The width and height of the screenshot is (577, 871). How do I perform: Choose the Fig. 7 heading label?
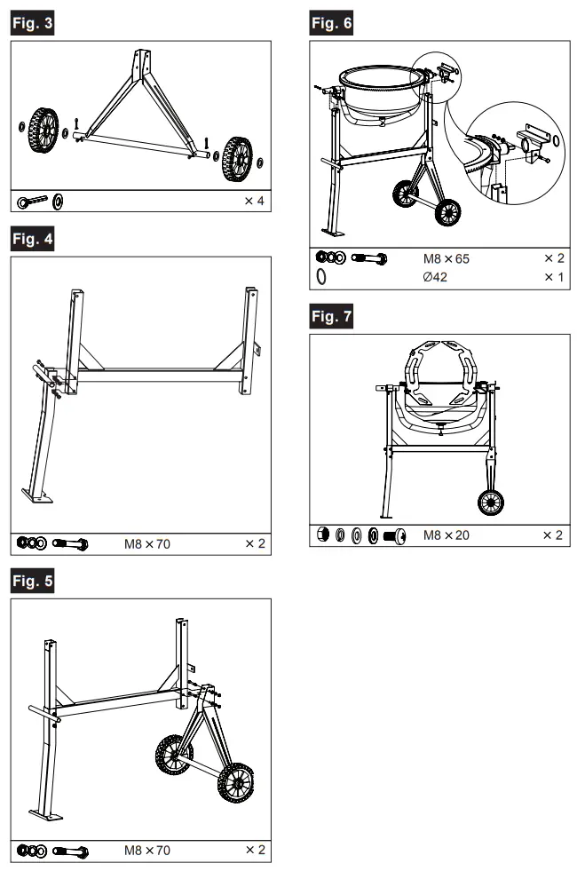point(330,317)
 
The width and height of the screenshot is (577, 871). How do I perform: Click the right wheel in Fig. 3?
point(237,158)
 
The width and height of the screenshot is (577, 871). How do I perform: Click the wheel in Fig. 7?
point(491,503)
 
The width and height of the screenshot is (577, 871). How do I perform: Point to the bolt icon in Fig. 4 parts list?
point(70,542)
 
